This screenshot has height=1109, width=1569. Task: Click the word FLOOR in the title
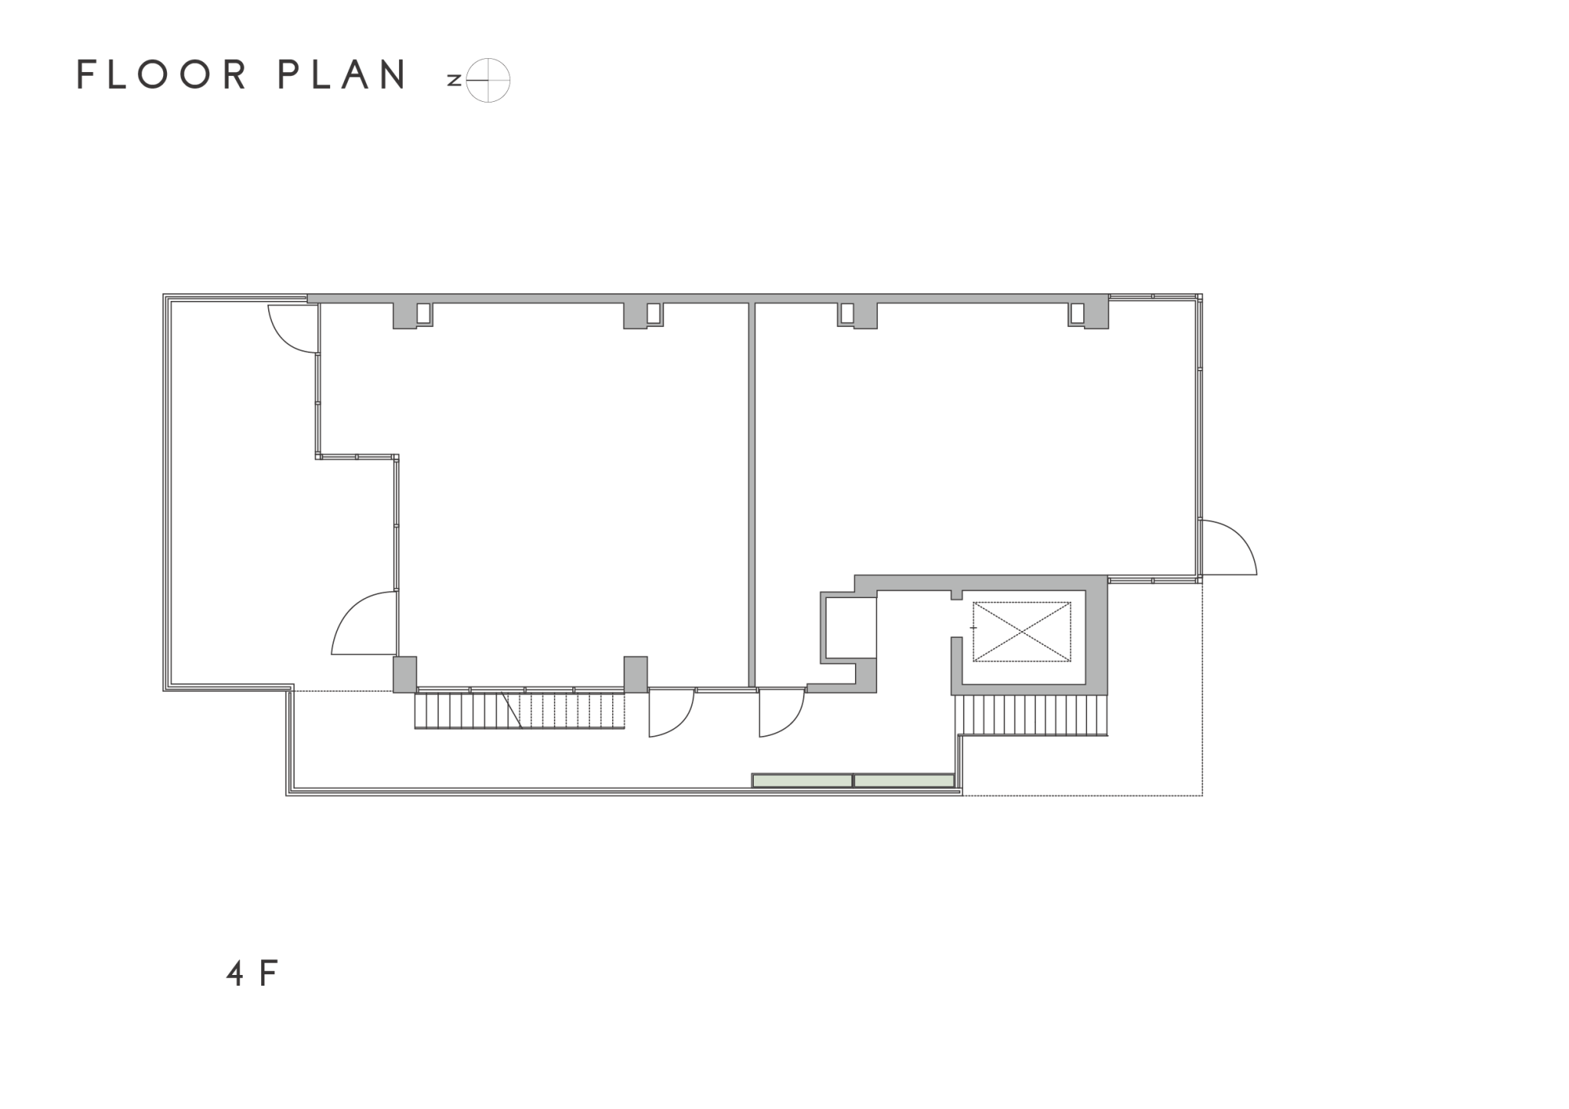[x=162, y=75]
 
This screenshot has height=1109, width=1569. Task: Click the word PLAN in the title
[x=342, y=75]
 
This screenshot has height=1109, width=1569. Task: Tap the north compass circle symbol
[x=488, y=80]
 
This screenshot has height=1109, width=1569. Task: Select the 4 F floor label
[x=251, y=973]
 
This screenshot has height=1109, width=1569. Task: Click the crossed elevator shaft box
[x=1022, y=632]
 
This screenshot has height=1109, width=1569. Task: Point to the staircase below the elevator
[x=1031, y=715]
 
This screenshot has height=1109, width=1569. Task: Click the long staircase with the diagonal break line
[x=519, y=710]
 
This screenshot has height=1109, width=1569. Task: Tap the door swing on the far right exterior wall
[x=1228, y=547]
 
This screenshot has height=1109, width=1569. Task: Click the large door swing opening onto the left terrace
[x=364, y=623]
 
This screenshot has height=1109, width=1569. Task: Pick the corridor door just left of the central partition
[x=672, y=713]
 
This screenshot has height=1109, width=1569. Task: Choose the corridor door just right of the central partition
[x=782, y=713]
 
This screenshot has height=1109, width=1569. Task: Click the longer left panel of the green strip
[x=802, y=780]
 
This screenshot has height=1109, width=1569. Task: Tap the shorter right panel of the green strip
[x=904, y=780]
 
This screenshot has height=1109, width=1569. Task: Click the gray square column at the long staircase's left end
[x=405, y=675]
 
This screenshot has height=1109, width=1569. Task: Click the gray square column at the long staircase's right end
[x=636, y=675]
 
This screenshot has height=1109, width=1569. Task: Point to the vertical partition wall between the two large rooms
[x=752, y=495]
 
